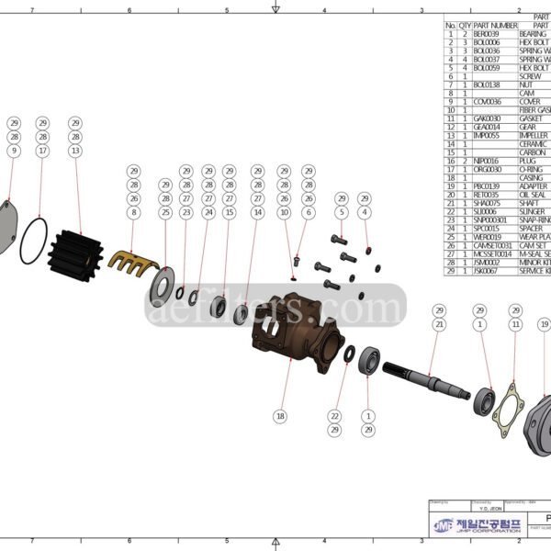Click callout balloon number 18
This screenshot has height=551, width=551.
pos(279,416)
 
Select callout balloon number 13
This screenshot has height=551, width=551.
pos(75,151)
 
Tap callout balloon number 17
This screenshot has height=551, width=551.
pos(42,151)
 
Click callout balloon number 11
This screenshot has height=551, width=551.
pos(516,324)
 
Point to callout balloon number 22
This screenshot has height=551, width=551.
pos(335,416)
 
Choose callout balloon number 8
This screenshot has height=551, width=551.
pos(134,213)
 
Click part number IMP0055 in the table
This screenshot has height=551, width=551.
pos(487,136)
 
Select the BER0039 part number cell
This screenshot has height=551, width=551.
pos(487,34)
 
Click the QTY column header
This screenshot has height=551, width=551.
pos(465,26)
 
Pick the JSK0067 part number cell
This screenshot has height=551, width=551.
pos(487,271)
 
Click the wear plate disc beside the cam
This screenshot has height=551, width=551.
pos(163,285)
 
